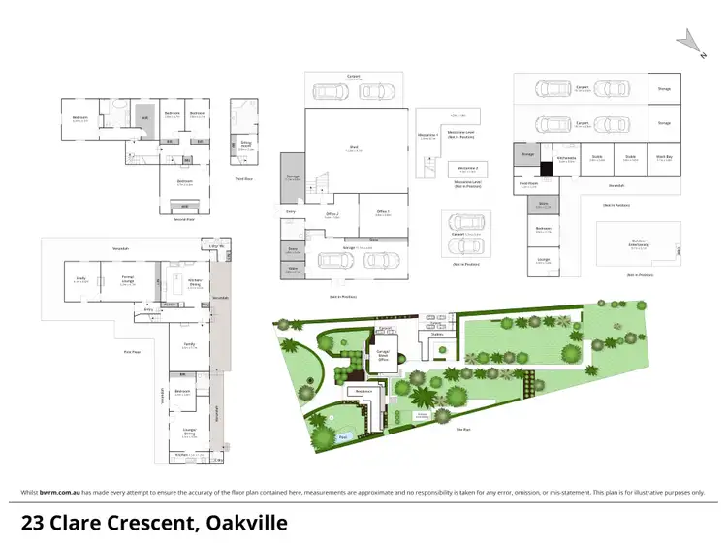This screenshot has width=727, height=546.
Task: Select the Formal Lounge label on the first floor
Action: [126, 280]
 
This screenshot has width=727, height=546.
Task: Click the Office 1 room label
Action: [382, 212]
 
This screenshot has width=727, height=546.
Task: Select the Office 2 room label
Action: [332, 215]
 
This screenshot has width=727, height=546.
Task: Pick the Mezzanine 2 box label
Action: [466, 168]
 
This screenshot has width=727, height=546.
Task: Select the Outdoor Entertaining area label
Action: [638, 244]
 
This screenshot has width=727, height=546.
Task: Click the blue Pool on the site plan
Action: [343, 437]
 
